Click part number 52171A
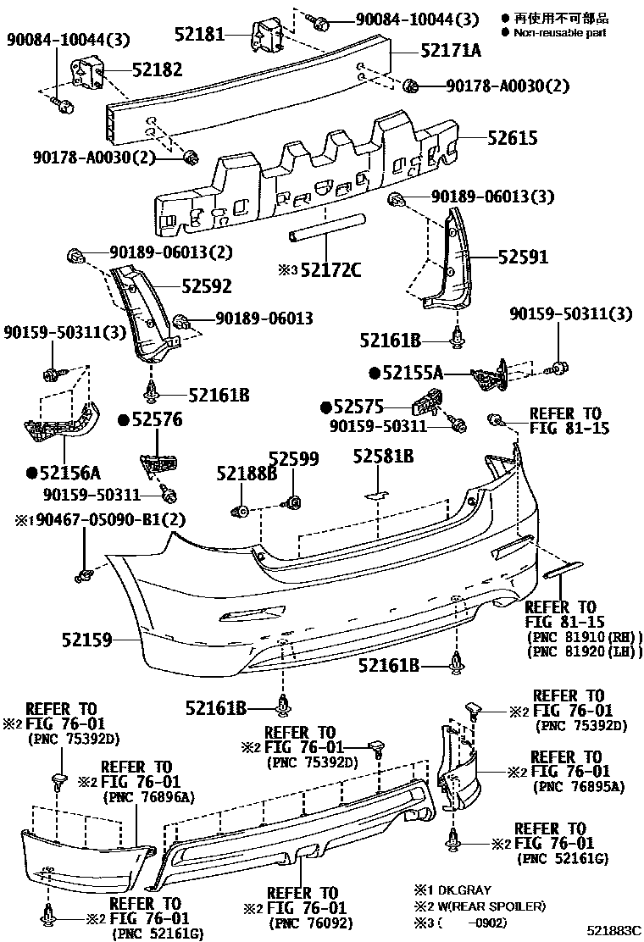click(450, 51)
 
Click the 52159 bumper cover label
click(86, 641)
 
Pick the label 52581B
click(383, 457)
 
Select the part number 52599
click(294, 460)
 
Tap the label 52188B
click(247, 474)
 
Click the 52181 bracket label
click(201, 35)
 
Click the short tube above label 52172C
click(327, 228)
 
